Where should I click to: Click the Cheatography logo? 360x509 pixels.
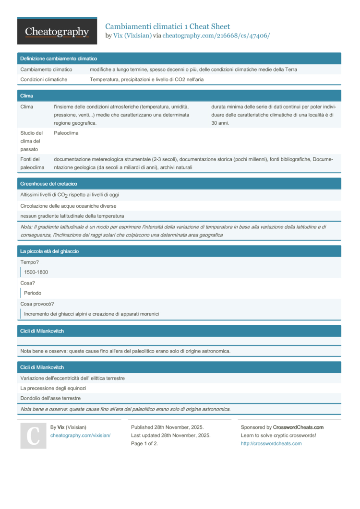[57, 31]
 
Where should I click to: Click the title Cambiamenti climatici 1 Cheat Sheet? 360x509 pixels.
[168, 26]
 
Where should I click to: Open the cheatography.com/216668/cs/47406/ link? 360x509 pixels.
[216, 36]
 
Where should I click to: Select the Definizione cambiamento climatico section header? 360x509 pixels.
[59, 59]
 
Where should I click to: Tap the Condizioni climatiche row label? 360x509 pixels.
[44, 80]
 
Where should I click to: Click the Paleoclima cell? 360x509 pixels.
[66, 133]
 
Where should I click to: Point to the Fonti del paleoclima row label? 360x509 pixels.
[32, 163]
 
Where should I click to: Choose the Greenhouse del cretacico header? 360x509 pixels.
[48, 184]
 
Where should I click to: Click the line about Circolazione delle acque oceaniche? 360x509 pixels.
[68, 206]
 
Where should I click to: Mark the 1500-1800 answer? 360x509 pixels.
[36, 272]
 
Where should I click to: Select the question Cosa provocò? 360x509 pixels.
[37, 304]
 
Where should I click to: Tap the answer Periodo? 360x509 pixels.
[33, 293]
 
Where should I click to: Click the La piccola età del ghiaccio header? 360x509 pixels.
[49, 251]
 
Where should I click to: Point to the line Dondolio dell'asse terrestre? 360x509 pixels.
[50, 398]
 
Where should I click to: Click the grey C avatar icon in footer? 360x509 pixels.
[33, 436]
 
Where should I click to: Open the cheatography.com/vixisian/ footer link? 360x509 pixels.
[80, 435]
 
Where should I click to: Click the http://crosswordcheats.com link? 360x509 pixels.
[271, 444]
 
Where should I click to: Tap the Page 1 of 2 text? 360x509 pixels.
[144, 444]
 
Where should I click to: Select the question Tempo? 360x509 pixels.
[30, 262]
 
